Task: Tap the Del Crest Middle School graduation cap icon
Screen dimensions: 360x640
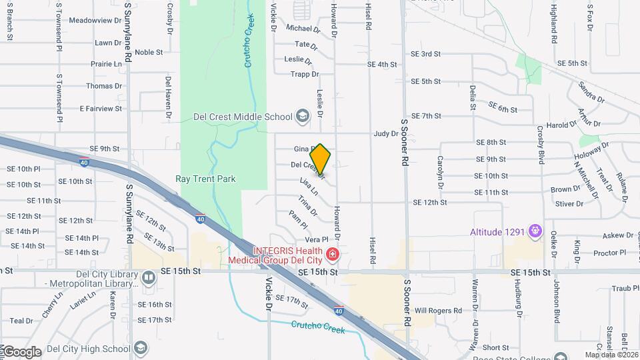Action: pyautogui.click(x=303, y=117)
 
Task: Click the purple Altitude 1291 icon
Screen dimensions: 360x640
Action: pyautogui.click(x=535, y=232)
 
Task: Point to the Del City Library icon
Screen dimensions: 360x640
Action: pyautogui.click(x=149, y=277)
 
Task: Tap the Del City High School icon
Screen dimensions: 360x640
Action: pyautogui.click(x=141, y=348)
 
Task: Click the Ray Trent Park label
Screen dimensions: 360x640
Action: pyautogui.click(x=205, y=179)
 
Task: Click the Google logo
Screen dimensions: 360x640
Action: pyautogui.click(x=21, y=352)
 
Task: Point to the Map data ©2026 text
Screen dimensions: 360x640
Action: pyautogui.click(x=611, y=355)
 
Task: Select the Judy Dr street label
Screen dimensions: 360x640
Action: pyautogui.click(x=385, y=134)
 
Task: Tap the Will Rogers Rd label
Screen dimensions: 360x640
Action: pyautogui.click(x=438, y=311)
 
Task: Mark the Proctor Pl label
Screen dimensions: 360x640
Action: pyautogui.click(x=609, y=253)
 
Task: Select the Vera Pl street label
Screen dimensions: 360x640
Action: pyautogui.click(x=317, y=239)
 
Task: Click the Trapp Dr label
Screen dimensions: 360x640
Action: pyautogui.click(x=305, y=74)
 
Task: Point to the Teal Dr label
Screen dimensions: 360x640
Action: pyautogui.click(x=21, y=321)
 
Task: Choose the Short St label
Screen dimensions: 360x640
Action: pyautogui.click(x=496, y=348)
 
